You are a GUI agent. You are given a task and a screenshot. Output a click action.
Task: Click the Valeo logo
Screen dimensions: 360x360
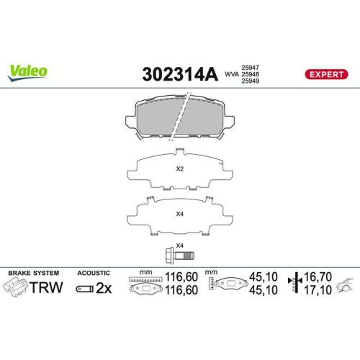tap(28, 71)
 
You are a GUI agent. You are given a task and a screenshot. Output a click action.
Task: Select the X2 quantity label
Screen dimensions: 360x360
tap(180, 170)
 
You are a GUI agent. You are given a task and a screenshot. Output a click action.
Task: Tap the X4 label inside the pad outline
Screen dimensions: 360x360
tap(180, 213)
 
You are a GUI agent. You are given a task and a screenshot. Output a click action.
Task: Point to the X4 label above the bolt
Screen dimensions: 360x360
tap(179, 245)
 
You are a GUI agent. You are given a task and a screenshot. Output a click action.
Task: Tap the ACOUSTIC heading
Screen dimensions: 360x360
tap(94, 274)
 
